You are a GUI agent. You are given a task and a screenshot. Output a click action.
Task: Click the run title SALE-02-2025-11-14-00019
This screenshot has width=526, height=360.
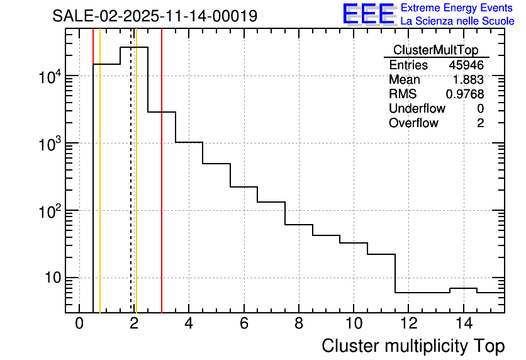[155, 16]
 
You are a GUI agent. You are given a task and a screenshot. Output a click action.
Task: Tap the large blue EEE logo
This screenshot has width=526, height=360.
[368, 14]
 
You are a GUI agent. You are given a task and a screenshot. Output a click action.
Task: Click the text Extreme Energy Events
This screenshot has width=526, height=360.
[457, 8]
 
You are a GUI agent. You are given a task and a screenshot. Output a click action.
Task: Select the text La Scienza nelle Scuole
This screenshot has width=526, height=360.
[457, 21]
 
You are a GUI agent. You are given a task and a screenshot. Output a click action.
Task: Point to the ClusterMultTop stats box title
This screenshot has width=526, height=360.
[435, 50]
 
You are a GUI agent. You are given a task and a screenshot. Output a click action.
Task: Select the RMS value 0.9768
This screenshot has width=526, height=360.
[465, 94]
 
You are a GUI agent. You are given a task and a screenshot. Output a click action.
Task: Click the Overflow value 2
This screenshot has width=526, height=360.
[480, 123]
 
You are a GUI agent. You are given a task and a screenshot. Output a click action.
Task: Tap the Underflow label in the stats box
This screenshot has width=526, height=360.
[417, 109]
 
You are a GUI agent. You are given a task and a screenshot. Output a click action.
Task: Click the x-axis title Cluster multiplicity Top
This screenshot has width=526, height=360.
[413, 346]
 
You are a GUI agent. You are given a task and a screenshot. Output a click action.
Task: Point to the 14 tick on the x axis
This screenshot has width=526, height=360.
[463, 324]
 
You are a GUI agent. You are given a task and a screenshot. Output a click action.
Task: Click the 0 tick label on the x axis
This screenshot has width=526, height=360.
[79, 324]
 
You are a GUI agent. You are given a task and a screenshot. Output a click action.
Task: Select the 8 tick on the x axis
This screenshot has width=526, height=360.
[299, 324]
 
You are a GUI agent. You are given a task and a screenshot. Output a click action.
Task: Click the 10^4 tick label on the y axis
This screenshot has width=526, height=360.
[48, 77]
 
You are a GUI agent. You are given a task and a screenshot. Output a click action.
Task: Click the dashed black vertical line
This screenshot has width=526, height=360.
[131, 189]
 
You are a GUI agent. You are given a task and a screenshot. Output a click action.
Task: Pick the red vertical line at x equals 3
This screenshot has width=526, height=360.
[162, 189]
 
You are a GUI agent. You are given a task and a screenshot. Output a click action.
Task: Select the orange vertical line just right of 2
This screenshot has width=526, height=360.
[136, 189]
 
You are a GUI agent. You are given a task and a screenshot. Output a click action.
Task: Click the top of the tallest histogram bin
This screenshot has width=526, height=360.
[134, 47]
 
